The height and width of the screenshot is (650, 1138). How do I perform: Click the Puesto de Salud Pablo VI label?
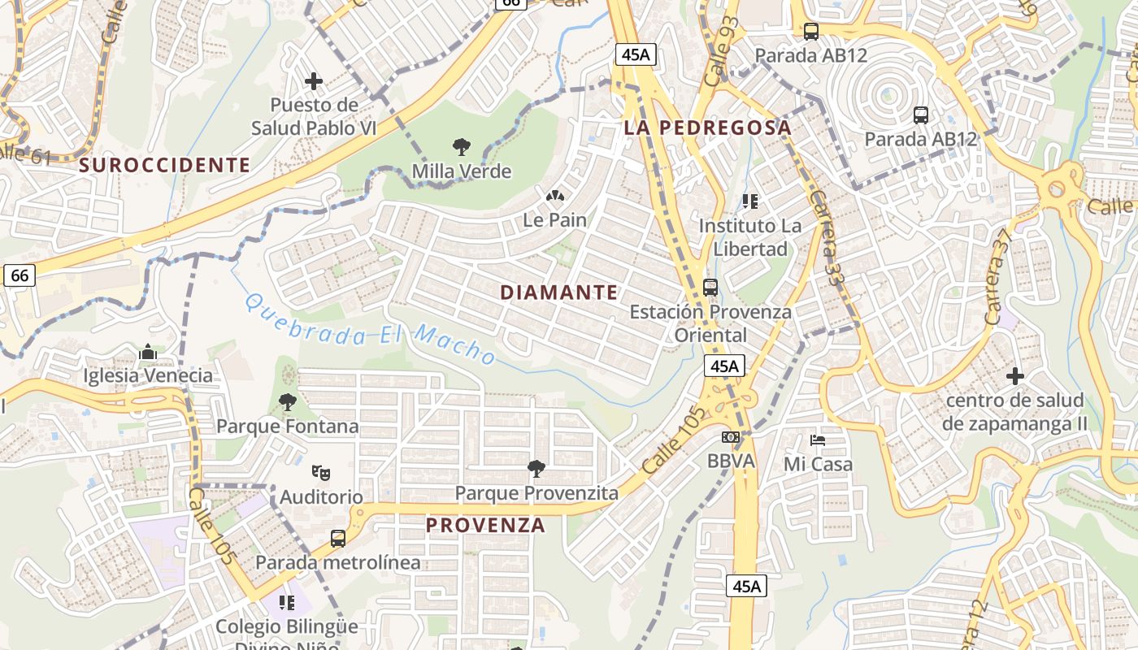314,116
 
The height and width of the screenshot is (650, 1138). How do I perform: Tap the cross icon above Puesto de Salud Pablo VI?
314,81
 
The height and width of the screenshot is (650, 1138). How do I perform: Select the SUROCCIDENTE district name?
165,165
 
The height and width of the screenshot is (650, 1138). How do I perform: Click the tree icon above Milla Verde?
462,147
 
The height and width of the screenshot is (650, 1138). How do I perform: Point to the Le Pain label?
554,219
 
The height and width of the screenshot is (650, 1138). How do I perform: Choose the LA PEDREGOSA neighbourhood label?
707,128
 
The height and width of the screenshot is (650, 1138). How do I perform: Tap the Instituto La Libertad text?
749,236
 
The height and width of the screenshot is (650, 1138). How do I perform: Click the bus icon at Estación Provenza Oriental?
710,288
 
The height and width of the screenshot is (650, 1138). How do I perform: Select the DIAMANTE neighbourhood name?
559,292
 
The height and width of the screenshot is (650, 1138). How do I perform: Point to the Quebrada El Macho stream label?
370,329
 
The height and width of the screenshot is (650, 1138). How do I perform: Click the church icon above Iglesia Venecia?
148,353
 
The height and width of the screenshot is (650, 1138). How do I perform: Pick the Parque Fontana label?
287,426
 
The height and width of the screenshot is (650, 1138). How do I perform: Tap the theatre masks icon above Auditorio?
321,472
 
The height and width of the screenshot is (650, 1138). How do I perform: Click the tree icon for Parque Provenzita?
536,468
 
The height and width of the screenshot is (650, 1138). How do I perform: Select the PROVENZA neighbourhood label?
485,525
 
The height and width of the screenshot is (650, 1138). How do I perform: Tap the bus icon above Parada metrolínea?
338,538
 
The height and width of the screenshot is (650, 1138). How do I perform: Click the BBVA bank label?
731,461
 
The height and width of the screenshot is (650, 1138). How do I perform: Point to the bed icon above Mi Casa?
818,440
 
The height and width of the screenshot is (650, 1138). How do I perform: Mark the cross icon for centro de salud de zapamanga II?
1015,376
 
